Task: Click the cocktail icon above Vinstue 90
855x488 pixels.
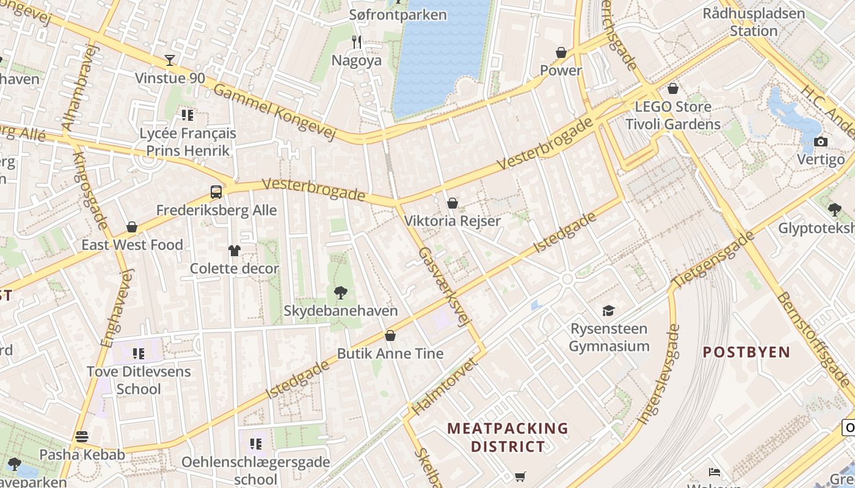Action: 170,60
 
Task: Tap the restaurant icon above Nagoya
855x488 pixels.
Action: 357,42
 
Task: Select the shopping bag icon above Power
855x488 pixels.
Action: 561,52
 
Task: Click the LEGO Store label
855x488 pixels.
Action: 673,107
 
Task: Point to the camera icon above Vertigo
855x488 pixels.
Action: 821,142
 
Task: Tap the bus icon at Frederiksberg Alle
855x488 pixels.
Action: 216,192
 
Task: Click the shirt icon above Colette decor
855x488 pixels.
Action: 235,250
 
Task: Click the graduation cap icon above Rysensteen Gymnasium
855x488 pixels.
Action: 609,310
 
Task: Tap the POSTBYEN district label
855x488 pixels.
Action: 746,352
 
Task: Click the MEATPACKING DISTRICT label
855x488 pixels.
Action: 508,437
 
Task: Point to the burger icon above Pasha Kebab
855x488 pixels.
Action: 82,436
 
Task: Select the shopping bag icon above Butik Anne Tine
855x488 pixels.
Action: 390,335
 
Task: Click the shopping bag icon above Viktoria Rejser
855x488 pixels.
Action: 453,203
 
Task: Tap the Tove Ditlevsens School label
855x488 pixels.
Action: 139,380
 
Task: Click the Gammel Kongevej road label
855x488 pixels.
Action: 275,110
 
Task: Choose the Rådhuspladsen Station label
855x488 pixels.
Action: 754,22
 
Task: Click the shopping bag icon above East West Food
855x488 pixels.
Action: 132,227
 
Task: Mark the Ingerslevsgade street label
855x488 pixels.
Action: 658,374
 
